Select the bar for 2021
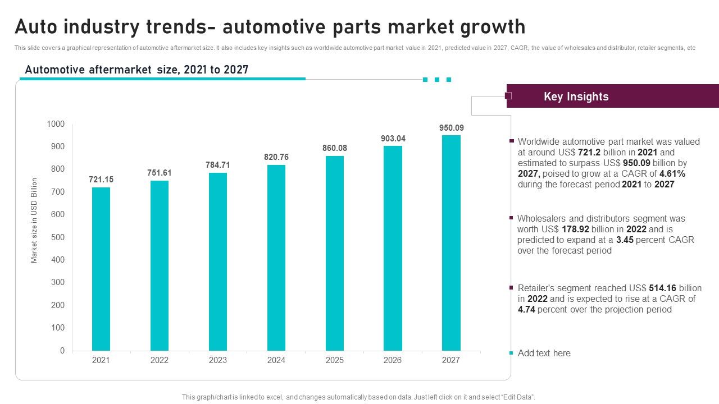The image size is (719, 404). (101, 269)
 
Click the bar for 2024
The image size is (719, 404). (276, 258)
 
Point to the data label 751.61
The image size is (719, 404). (159, 173)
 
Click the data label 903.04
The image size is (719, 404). (393, 139)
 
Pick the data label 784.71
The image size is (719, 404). (218, 165)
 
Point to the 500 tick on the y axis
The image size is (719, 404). (58, 237)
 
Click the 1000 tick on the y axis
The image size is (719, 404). (56, 124)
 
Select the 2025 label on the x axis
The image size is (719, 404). (334, 360)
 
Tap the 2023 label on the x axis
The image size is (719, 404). (218, 360)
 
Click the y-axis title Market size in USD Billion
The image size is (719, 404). (34, 221)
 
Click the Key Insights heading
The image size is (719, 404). (576, 97)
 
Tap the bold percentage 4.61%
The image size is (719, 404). (672, 174)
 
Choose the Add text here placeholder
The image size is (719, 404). (544, 353)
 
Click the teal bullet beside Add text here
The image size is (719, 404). (511, 353)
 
